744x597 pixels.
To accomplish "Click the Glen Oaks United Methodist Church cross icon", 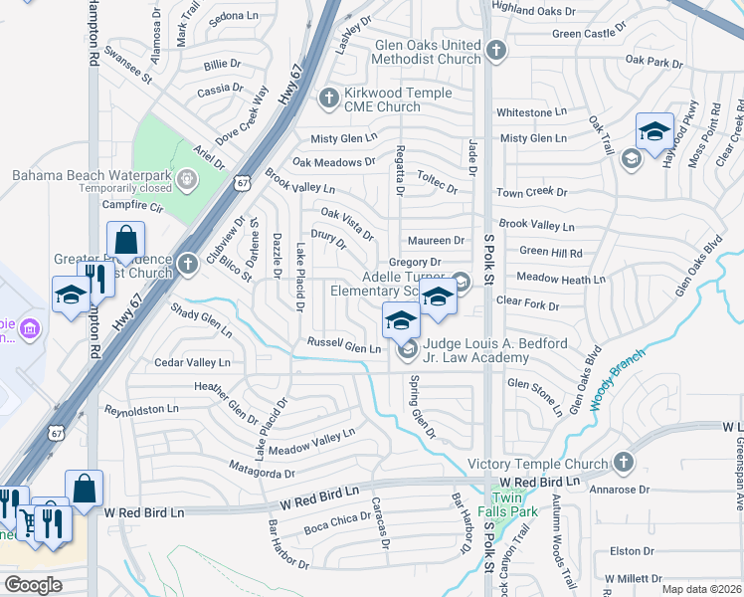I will pyautogui.click(x=497, y=49).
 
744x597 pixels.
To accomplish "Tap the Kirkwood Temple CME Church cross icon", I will pyautogui.click(x=329, y=98).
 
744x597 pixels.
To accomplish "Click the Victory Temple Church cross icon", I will pyautogui.click(x=623, y=463).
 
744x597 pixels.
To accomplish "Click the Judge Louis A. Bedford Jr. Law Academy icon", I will pyautogui.click(x=407, y=350).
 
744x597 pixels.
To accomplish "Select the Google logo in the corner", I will pyautogui.click(x=33, y=585).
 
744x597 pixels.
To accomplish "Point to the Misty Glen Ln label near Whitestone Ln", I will pyautogui.click(x=533, y=138).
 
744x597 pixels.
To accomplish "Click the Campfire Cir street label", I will pyautogui.click(x=131, y=206).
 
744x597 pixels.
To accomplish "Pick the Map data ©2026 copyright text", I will pyautogui.click(x=701, y=589).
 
